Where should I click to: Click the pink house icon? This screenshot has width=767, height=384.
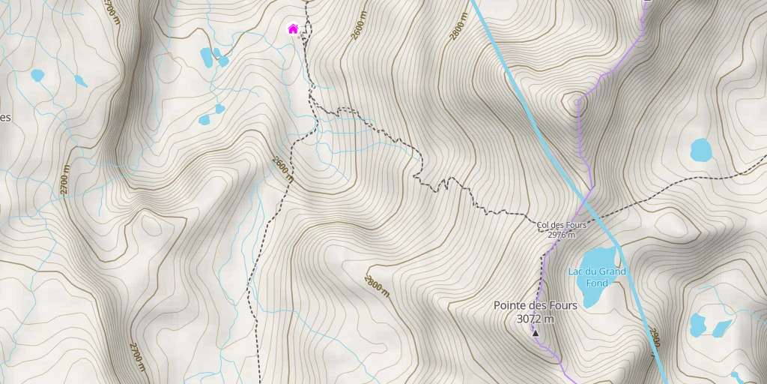tap(293, 29)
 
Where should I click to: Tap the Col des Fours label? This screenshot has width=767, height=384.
tap(561, 225)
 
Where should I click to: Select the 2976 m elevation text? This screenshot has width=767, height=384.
tap(561, 235)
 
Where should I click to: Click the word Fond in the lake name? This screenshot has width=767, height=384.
tap(597, 283)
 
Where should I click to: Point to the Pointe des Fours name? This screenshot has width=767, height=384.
tap(535, 305)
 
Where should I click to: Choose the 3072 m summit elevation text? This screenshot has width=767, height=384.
tap(535, 319)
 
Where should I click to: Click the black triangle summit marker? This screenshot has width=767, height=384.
tap(535, 333)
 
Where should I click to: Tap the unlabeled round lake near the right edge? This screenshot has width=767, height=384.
tap(701, 150)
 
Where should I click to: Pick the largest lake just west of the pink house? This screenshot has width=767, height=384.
tap(206, 55)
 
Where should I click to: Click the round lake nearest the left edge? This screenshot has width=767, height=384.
tap(37, 75)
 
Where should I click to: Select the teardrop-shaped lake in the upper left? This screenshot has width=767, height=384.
tap(80, 80)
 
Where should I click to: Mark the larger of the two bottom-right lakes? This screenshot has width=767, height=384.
tap(697, 324)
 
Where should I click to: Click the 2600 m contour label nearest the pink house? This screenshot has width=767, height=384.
tap(361, 34)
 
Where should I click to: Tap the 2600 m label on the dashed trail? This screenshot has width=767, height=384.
tap(283, 169)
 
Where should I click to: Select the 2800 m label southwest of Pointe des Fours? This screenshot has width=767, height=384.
tap(377, 286)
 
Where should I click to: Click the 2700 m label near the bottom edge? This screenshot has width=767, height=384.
tap(136, 355)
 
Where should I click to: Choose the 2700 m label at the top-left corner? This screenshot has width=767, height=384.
tap(112, 12)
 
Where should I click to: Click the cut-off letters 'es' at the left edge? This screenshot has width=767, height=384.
tap(4, 117)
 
